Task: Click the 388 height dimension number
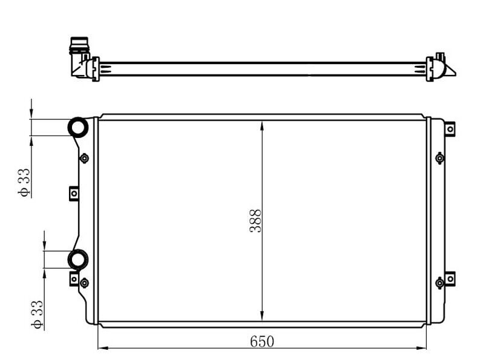(256, 221)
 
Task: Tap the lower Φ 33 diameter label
(37, 314)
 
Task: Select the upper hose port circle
(78, 127)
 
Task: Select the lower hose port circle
(77, 259)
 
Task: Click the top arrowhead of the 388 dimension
(262, 125)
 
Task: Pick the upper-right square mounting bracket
(450, 129)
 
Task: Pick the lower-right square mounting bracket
(450, 279)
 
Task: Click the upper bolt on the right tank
(440, 158)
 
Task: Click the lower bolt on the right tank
(440, 283)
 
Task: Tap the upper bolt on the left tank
(84, 158)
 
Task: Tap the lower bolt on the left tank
(84, 283)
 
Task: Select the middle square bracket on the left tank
(74, 193)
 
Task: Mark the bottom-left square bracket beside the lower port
(74, 280)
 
